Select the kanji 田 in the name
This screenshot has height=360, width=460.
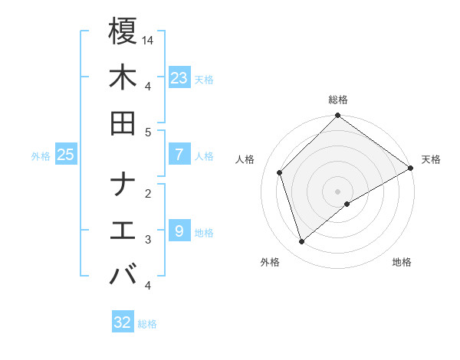click(x=123, y=123)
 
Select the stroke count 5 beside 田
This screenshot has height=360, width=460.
click(x=149, y=132)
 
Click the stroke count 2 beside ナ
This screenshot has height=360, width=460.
click(x=149, y=194)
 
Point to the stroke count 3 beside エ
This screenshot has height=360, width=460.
click(x=149, y=240)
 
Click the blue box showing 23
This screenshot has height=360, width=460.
click(x=179, y=77)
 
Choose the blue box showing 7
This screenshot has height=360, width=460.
click(x=179, y=155)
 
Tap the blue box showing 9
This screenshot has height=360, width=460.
click(x=179, y=231)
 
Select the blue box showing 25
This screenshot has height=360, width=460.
click(x=65, y=155)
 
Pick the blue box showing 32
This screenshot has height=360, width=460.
click(x=123, y=322)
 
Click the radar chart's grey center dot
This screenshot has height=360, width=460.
click(x=338, y=191)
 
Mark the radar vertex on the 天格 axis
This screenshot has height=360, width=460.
click(x=411, y=168)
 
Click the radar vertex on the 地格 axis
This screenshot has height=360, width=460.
click(x=347, y=204)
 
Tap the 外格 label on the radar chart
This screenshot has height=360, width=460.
click(x=270, y=262)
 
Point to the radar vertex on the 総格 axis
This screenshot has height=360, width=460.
click(x=338, y=116)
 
